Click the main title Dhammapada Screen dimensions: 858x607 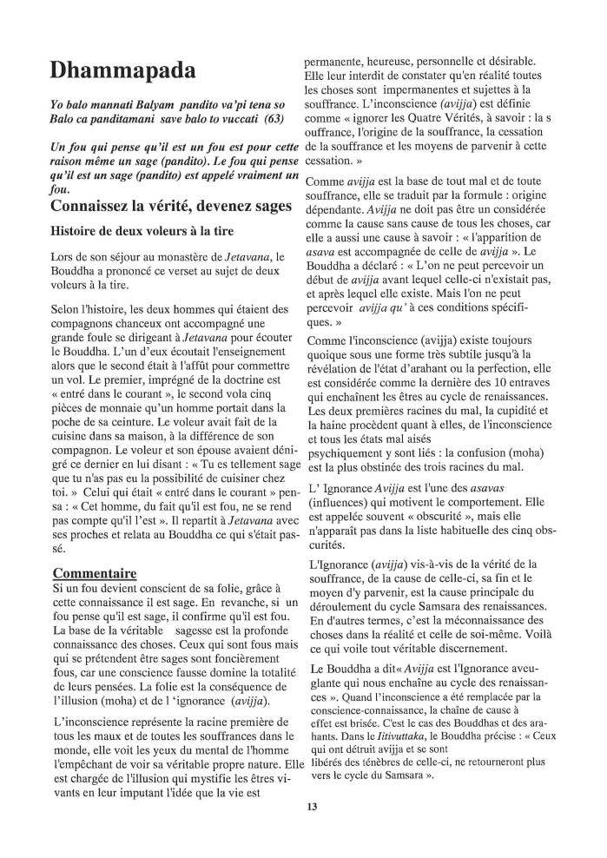(x=122, y=69)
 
